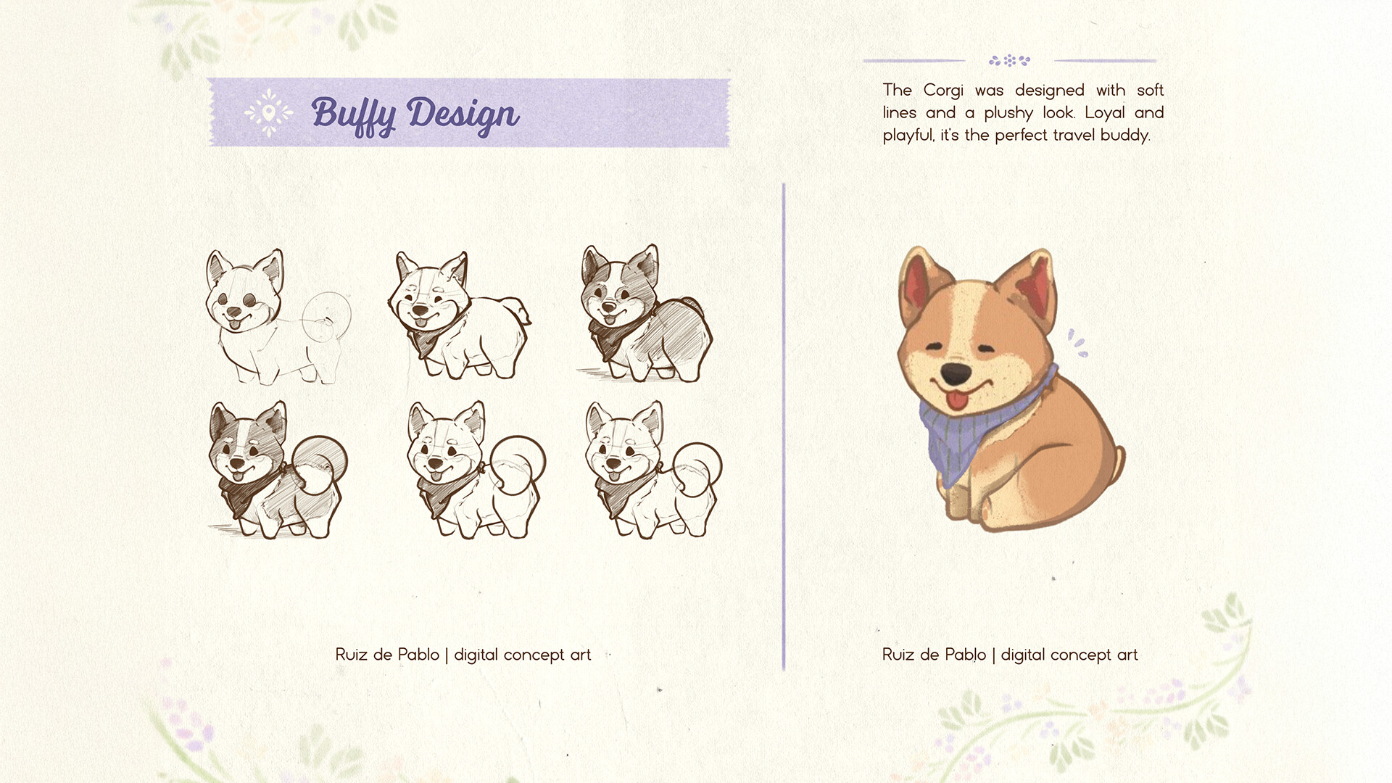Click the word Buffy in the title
click(354, 115)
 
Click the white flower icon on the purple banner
click(268, 112)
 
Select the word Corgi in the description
click(943, 91)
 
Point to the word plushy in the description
click(1008, 114)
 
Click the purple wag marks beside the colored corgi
click(1077, 343)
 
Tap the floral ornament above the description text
click(1009, 60)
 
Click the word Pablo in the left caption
click(418, 655)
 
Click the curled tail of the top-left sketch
click(327, 316)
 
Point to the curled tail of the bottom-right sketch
click(697, 467)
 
